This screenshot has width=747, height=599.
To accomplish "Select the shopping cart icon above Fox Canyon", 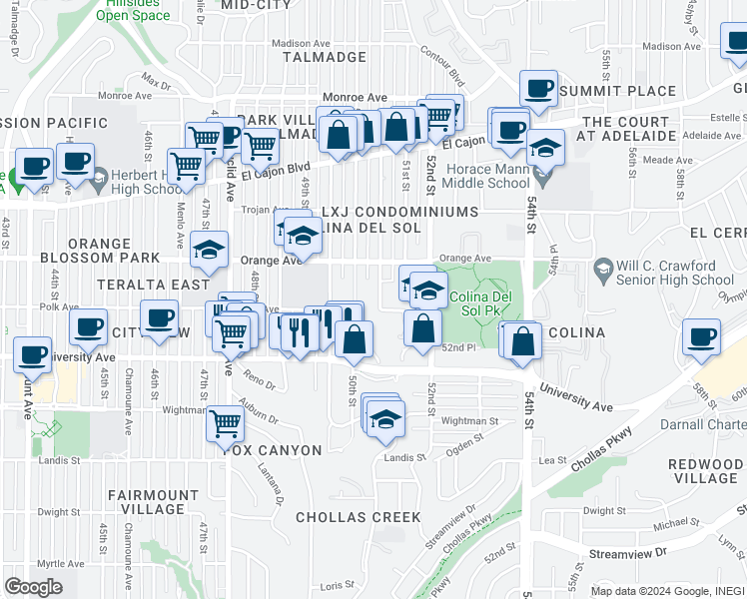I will click(225, 424).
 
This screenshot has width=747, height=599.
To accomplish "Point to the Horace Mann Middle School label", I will click(481, 176).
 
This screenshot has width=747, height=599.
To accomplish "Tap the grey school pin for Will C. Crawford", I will click(603, 268).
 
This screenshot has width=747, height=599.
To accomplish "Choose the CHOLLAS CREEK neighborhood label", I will click(358, 517).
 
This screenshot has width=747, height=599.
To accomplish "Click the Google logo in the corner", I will click(33, 586).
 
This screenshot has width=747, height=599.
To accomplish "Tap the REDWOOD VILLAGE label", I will click(705, 471).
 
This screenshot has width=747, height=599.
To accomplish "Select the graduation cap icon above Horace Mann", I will click(545, 149).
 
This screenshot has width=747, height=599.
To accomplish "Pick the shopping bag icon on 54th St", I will click(523, 341).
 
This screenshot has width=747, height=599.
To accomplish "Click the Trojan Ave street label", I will click(267, 211).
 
